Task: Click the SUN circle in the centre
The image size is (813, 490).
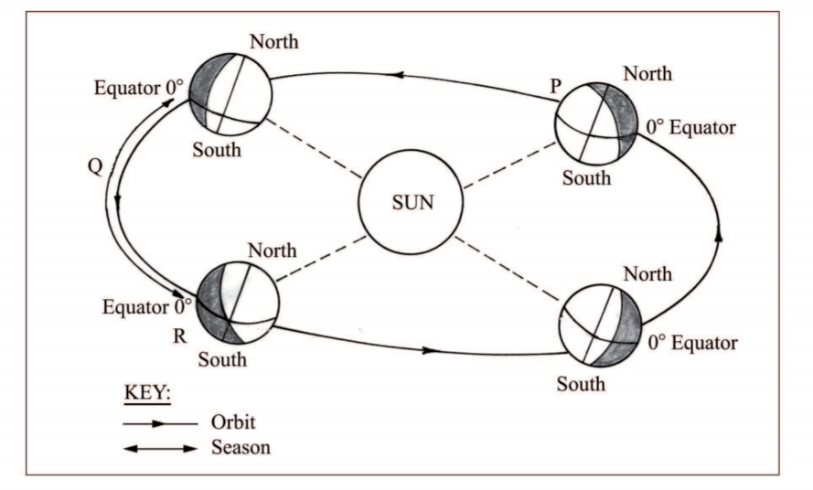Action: [406, 202]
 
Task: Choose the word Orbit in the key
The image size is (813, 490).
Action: [233, 424]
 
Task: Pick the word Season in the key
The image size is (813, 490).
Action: [240, 448]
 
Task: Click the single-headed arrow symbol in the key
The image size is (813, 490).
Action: [160, 424]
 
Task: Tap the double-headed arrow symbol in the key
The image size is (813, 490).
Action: [160, 448]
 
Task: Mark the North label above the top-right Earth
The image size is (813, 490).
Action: [647, 72]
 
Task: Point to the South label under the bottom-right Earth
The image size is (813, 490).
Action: [581, 383]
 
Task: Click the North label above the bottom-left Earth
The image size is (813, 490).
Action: [272, 250]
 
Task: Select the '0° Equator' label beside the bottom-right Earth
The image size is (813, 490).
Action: [692, 344]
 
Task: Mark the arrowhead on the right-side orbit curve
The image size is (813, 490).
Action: [720, 234]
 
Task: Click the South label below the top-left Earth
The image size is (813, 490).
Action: [217, 148]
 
